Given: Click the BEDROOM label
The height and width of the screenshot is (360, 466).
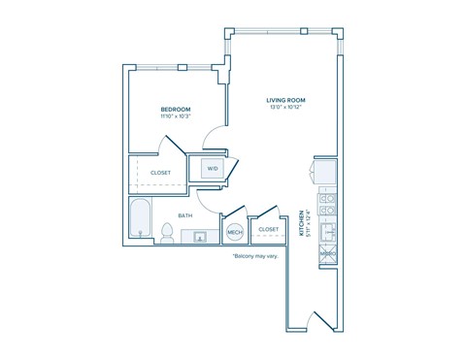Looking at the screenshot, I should [176, 109].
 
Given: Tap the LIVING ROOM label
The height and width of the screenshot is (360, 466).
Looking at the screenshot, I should [287, 99].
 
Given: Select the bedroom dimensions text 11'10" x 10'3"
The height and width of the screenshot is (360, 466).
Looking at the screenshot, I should [176, 116].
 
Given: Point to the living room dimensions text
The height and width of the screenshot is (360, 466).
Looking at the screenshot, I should [287, 107].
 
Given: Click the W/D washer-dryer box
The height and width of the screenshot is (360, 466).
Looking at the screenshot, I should [212, 169].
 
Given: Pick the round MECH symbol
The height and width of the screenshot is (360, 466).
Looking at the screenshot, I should [234, 233].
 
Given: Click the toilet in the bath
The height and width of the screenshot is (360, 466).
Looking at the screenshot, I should [167, 233].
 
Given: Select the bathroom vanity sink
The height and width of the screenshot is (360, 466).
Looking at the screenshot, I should [201, 236].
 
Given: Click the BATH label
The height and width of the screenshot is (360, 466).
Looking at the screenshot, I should [184, 215].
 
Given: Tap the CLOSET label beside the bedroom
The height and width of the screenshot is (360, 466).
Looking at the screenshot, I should [160, 173].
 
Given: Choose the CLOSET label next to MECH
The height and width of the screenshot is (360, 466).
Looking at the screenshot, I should [269, 230].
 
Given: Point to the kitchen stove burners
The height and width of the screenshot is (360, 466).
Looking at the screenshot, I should [329, 205].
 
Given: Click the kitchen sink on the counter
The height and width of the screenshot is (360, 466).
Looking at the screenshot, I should [329, 232].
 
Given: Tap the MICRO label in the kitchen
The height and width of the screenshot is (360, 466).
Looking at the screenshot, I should [328, 254].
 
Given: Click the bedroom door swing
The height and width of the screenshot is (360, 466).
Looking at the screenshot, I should [173, 147].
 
